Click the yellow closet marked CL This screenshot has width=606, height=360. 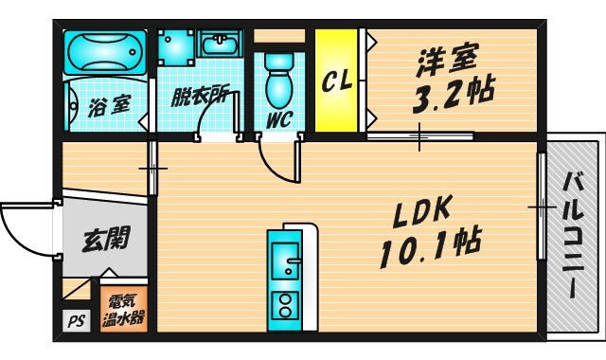335,81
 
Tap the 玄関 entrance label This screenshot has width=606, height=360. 105,238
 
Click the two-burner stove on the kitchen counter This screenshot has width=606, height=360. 283,304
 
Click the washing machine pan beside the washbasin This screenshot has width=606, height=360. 175,45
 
